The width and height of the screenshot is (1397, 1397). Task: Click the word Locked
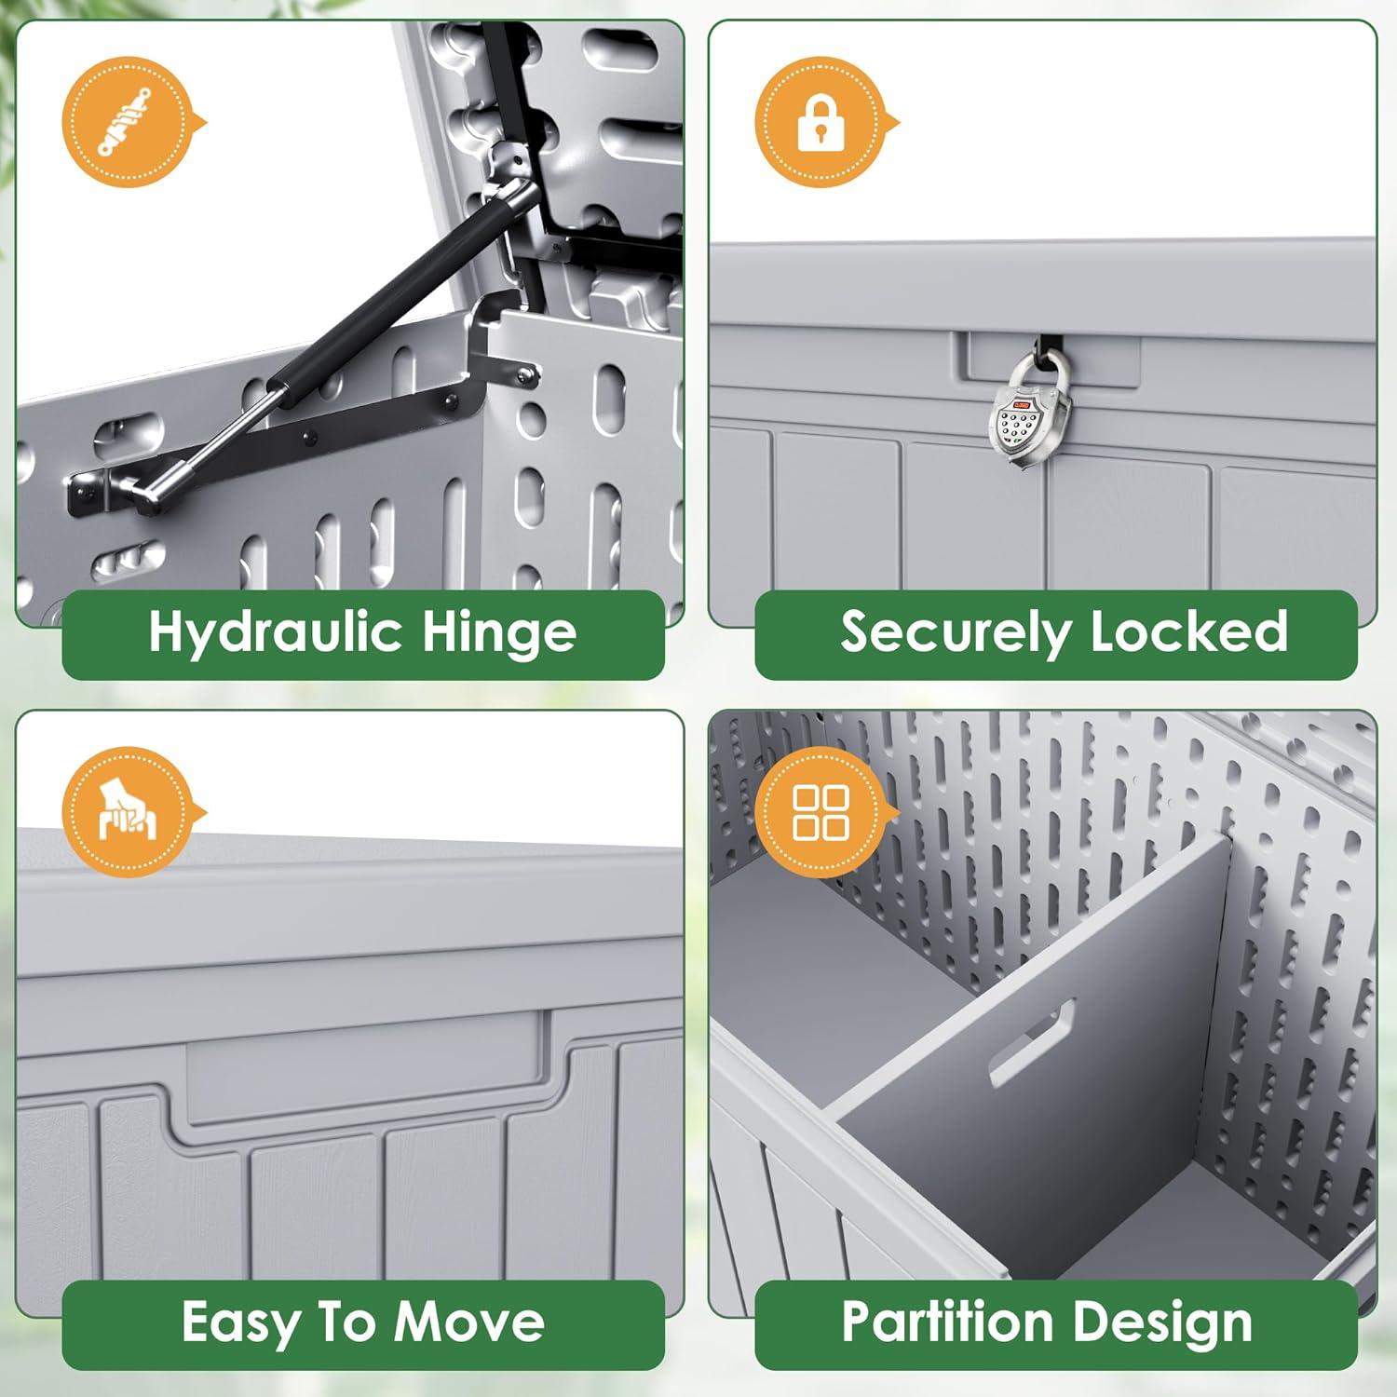pos(1189,631)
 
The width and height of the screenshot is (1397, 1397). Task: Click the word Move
pos(469,1322)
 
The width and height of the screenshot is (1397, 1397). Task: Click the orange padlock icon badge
pos(821,123)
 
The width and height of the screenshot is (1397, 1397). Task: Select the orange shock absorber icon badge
pos(128,123)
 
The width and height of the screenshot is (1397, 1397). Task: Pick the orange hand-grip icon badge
pos(128,812)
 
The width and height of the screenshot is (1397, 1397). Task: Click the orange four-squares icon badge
pos(821,812)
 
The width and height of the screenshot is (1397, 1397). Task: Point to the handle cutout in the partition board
pos(1032,1042)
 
